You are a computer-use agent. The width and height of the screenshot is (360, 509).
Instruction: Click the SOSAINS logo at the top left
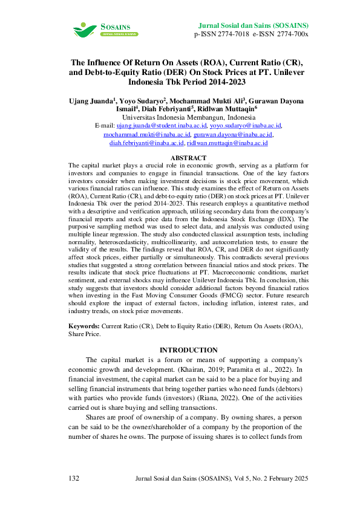coord(104,29)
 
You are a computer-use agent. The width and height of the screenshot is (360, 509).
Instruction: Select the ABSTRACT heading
coord(188,158)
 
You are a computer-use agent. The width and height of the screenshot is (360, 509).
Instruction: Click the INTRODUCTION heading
coord(188,350)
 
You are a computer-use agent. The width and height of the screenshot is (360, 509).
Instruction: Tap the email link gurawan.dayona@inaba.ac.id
coord(233,134)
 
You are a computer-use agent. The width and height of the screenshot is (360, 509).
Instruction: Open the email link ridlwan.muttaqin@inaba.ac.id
coord(227,143)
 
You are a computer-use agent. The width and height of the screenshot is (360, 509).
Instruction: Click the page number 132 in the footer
coord(74,479)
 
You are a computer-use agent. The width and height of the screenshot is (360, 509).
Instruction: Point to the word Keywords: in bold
coord(85,326)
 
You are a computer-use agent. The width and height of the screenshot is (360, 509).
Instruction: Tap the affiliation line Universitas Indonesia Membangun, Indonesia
coord(188,117)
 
